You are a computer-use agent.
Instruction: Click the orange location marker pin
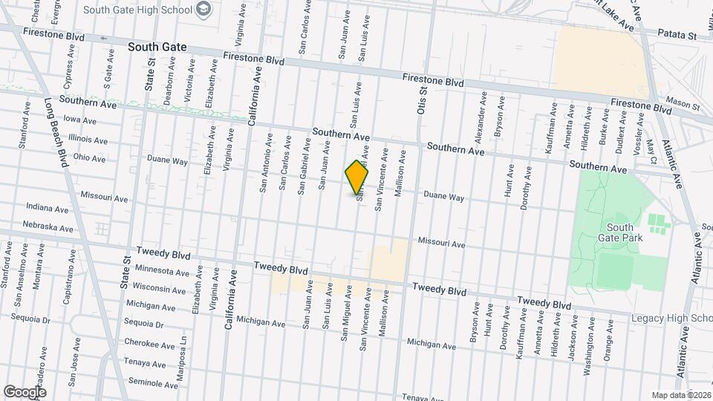(356, 176)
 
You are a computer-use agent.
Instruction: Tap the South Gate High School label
(138, 10)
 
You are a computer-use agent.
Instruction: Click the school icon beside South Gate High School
(205, 10)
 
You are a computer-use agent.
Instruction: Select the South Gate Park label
(619, 232)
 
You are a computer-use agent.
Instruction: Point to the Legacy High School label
(671, 319)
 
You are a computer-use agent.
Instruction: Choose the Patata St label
(680, 35)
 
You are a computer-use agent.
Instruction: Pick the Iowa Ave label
(80, 120)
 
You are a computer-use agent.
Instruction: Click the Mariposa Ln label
(185, 346)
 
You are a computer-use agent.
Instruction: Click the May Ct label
(651, 151)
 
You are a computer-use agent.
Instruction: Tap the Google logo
(25, 391)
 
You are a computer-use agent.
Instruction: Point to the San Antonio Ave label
(264, 163)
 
